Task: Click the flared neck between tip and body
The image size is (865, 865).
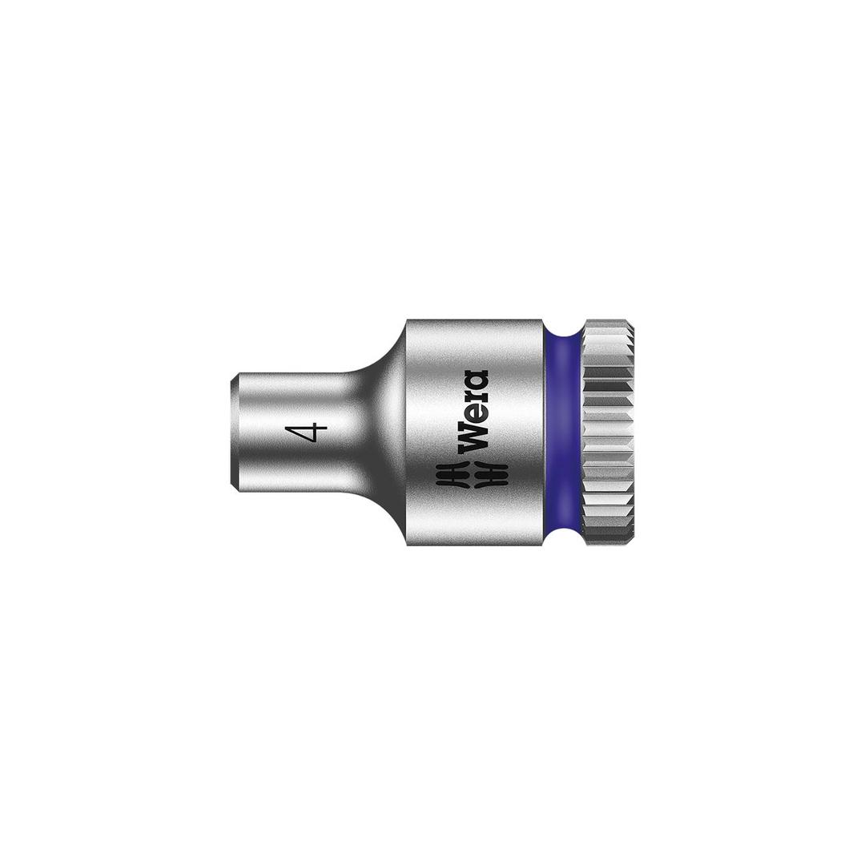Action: [380, 432]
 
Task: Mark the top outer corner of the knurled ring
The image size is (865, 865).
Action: [631, 322]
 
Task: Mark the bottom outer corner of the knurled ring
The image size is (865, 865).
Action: [631, 543]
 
